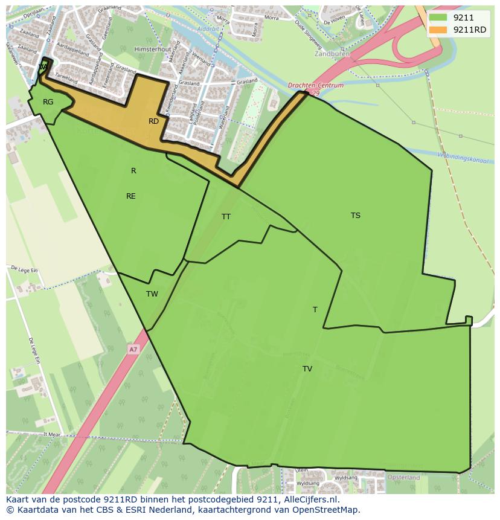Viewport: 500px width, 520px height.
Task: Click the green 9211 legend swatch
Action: [438, 18]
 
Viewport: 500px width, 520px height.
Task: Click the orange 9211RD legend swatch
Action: [438, 30]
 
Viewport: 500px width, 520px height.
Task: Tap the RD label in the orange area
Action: [153, 121]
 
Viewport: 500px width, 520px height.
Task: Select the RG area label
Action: [48, 102]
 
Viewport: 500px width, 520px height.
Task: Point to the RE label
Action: [131, 196]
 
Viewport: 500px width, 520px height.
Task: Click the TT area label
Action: [226, 216]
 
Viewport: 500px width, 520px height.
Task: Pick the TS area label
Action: [356, 216]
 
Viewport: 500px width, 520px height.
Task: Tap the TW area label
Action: [152, 294]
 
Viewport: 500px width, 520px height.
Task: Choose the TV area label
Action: [307, 369]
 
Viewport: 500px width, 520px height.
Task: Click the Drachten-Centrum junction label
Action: [316, 86]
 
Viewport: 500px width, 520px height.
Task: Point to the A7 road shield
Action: [133, 349]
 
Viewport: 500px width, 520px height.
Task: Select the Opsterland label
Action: [404, 477]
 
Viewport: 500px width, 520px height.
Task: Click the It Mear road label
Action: [53, 434]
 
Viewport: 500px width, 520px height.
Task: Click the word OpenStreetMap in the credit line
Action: [325, 510]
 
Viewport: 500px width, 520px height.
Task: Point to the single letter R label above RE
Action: [133, 171]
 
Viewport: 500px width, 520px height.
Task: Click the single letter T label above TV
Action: [315, 310]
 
